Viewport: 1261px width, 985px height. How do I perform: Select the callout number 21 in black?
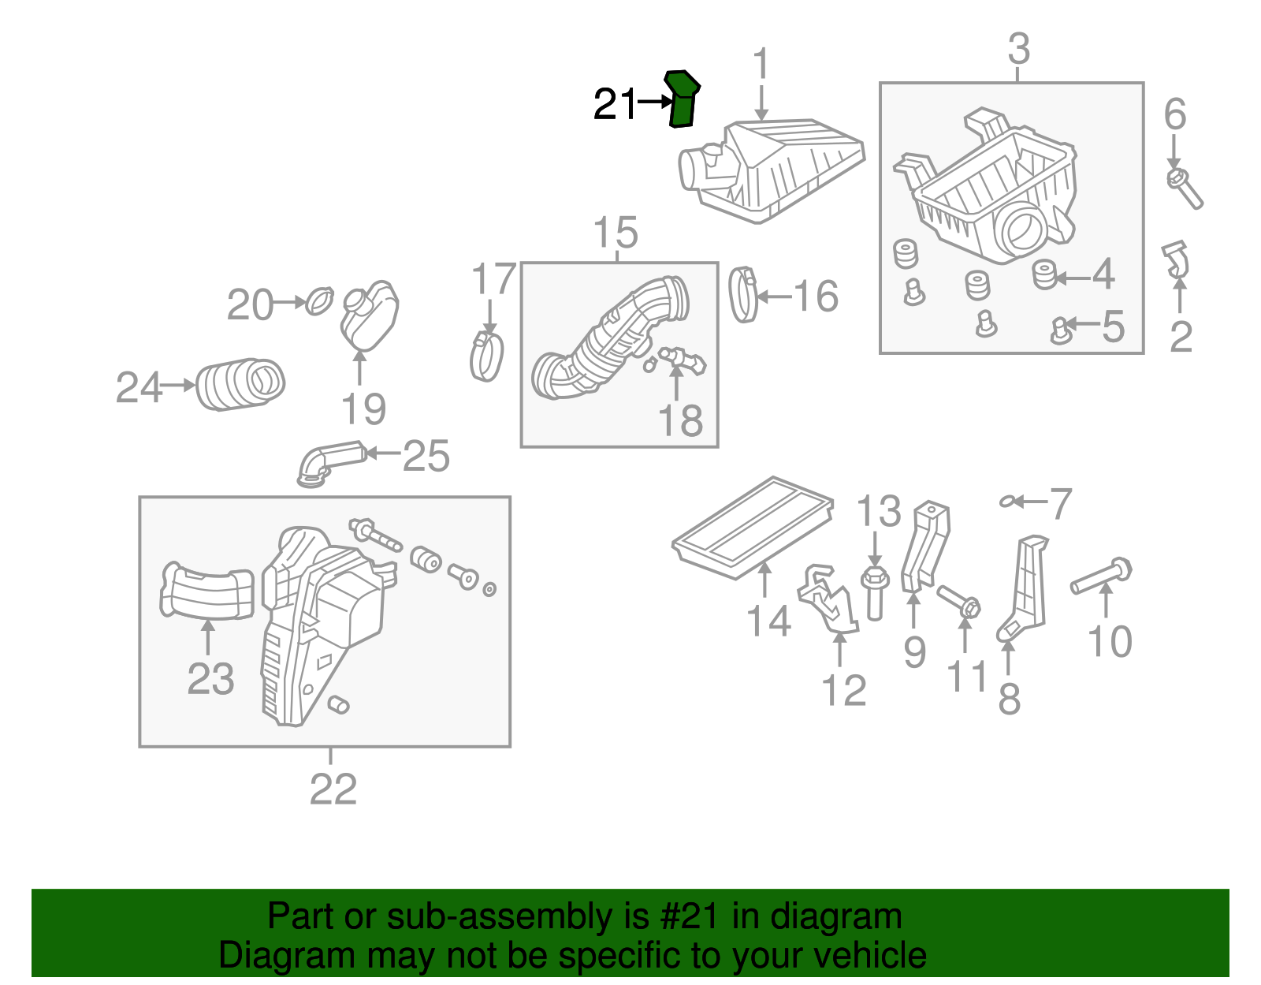[x=615, y=104]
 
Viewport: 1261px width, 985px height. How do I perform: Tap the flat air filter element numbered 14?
[x=753, y=526]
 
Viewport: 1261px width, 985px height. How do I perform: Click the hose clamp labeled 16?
[x=743, y=296]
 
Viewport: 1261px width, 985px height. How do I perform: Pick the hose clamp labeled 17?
[x=487, y=356]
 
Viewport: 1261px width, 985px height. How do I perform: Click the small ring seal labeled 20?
[x=319, y=301]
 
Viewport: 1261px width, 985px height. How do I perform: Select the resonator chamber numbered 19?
[x=369, y=315]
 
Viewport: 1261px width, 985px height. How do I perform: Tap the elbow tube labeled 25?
[x=329, y=461]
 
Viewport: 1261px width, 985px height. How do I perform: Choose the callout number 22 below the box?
[x=333, y=789]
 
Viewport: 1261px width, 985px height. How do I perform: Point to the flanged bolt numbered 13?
[x=875, y=591]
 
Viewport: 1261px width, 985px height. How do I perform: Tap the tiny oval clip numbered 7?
[x=1007, y=501]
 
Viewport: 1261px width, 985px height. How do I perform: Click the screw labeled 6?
[x=1185, y=187]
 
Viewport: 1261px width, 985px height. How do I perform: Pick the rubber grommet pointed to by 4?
[x=1044, y=274]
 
